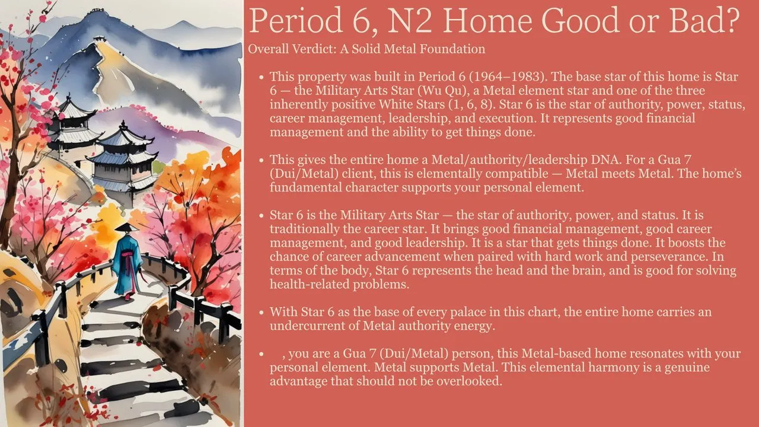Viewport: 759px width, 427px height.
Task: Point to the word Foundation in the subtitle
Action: click(x=452, y=49)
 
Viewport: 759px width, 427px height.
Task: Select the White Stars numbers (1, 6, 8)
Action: click(x=472, y=104)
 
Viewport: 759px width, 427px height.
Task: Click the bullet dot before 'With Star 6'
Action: click(x=261, y=312)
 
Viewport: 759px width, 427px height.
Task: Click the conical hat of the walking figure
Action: click(x=126, y=227)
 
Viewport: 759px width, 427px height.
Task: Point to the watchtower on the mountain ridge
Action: click(x=100, y=39)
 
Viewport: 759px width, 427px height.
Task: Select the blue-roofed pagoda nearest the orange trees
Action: click(x=124, y=160)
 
